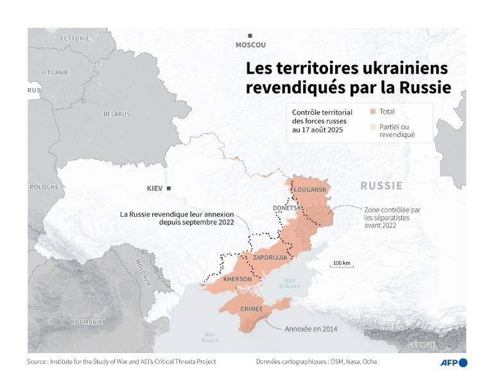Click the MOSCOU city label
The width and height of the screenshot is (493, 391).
coord(250,45)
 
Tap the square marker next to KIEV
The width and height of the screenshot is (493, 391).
coord(169,188)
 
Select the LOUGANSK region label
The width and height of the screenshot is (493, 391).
coord(310,190)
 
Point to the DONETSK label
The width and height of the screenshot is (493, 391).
coord(288,209)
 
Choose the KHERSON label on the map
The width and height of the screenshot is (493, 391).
coord(237,280)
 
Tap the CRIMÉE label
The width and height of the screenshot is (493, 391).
coord(251,309)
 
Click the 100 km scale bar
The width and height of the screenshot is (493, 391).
coord(342,266)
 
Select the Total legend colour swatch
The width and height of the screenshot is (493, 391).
coord(372,112)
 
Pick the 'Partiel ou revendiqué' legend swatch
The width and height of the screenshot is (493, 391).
coord(372,127)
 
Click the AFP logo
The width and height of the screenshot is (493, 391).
coord(453,363)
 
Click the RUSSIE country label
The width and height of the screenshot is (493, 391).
coord(381,186)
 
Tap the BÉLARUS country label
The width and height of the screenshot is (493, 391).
coord(116,114)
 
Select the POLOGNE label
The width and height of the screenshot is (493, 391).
coord(44,186)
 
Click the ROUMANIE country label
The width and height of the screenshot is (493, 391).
coord(87,322)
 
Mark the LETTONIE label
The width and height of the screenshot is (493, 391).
coord(75,38)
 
